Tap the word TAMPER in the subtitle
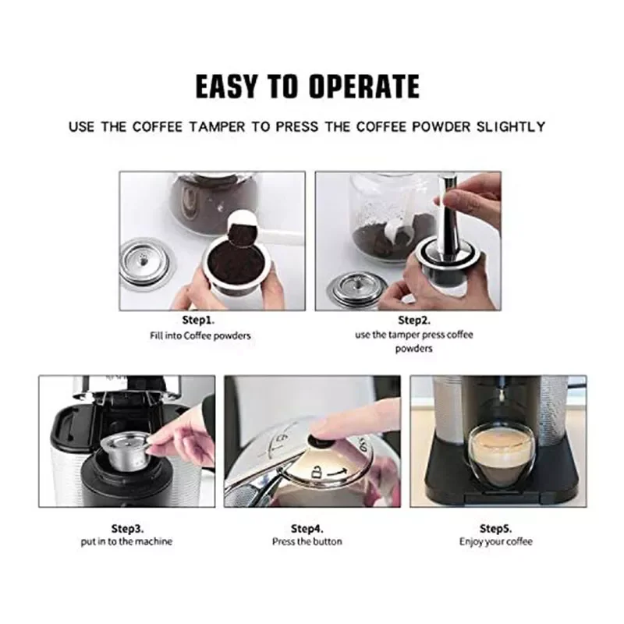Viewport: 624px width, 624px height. [218, 127]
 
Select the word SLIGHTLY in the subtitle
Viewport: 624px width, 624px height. [511, 127]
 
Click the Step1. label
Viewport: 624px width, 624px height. [198, 321]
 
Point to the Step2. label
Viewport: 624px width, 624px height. [414, 321]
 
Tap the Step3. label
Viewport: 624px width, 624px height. [127, 529]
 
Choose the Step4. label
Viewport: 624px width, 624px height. [307, 529]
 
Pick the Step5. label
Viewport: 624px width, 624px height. [495, 529]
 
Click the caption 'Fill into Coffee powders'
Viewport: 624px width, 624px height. [200, 336]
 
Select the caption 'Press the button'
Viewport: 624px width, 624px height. [307, 541]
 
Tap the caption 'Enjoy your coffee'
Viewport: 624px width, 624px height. [495, 542]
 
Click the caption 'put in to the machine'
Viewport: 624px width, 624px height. [126, 541]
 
